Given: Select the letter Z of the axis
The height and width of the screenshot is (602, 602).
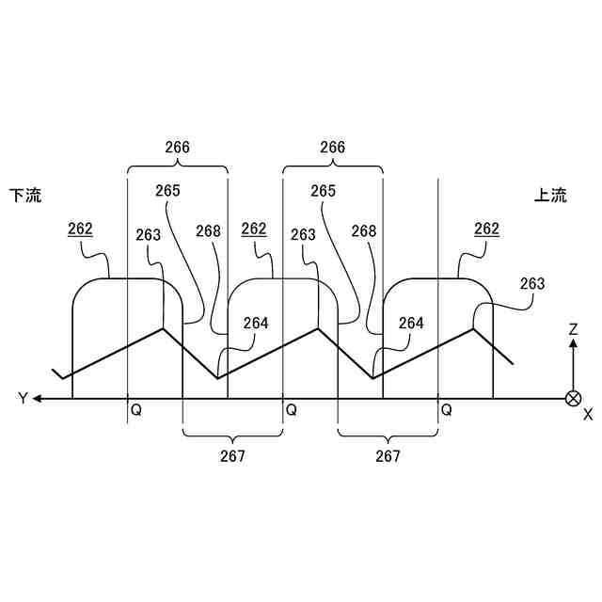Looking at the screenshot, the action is point(572,329).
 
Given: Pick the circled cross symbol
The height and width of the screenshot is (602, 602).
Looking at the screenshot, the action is point(572,398).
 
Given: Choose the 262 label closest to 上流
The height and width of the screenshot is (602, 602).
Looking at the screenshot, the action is point(486,229).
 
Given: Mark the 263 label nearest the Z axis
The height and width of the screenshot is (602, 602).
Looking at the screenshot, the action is point(531,283).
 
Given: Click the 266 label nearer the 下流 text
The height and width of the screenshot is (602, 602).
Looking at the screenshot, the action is point(177,148).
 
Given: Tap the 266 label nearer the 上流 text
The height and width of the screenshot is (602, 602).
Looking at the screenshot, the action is point(332,148).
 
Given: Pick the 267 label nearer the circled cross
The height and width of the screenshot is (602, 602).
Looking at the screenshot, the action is point(388,456).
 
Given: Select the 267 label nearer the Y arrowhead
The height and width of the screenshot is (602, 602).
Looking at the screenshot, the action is point(232,456).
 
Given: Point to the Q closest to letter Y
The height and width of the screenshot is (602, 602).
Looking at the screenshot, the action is point(136,411).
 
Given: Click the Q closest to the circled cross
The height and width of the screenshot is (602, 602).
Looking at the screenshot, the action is point(447,411).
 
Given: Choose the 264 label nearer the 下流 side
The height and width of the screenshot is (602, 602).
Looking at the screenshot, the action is point(255,323).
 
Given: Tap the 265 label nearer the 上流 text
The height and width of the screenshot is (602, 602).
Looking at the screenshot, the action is point(323,190).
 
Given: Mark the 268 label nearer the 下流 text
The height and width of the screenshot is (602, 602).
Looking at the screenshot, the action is point(209,230).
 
